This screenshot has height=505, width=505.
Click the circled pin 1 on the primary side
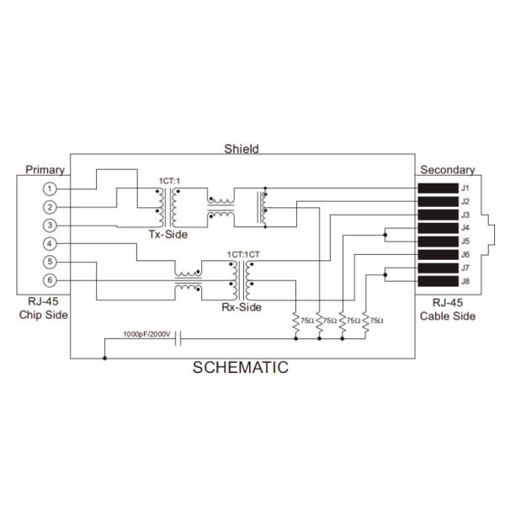[50, 189]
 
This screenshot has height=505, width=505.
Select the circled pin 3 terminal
[50, 225]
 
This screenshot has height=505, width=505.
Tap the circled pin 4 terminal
[50, 244]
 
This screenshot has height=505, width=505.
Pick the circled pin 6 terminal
[50, 280]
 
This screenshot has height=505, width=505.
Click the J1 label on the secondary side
[465, 188]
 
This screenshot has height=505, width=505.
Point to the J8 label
[465, 281]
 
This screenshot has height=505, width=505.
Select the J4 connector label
[465, 228]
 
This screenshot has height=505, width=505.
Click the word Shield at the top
[242, 149]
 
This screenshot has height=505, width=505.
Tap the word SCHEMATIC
[241, 367]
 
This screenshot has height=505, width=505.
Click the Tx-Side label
[168, 234]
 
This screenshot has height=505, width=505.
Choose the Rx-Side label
[242, 308]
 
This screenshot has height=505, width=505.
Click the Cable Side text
[449, 316]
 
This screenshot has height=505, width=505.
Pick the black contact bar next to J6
[437, 255]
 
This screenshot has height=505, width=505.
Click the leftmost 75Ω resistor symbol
[296, 322]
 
